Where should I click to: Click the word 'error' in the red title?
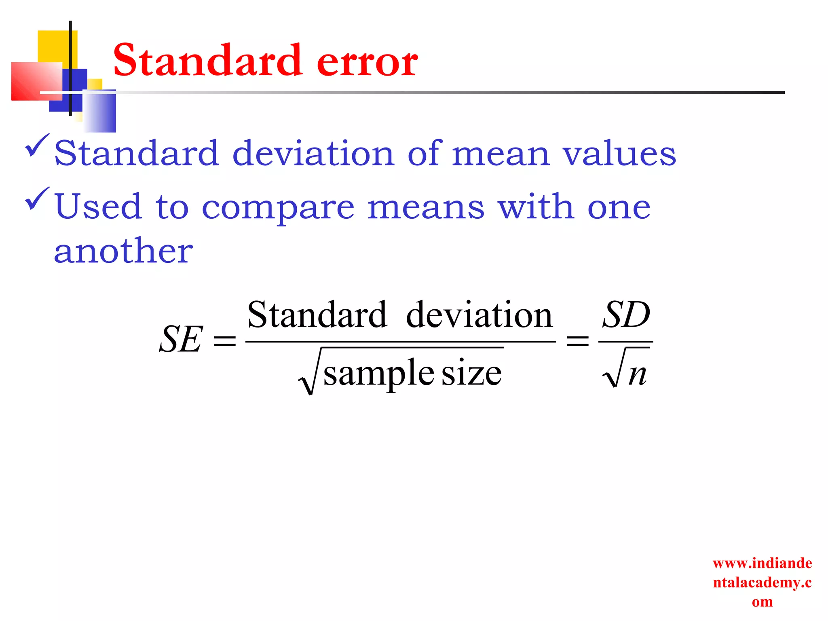[367, 61]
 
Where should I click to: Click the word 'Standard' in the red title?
[207, 61]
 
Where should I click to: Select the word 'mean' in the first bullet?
[501, 154]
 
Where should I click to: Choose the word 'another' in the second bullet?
[123, 251]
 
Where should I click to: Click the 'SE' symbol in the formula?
[180, 339]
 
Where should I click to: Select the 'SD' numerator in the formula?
[626, 315]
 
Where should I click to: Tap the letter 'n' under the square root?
[637, 374]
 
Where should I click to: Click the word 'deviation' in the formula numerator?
[479, 315]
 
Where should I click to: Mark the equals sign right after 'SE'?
[225, 340]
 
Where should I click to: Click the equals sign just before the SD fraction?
[578, 340]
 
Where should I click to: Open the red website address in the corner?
[762, 582]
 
